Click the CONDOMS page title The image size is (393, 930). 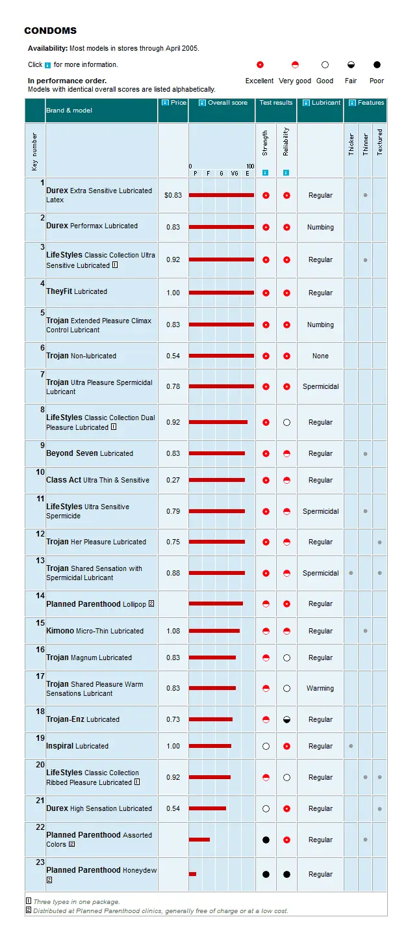50,31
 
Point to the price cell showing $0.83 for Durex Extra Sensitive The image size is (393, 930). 173,195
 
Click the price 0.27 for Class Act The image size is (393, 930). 173,480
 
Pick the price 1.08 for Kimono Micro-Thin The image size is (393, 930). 173,631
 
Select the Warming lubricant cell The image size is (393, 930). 320,688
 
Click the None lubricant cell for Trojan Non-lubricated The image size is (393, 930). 320,356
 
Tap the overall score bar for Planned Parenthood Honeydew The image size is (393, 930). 192,874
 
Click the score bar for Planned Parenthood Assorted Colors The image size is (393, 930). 199,840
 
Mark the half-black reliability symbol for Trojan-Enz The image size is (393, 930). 286,719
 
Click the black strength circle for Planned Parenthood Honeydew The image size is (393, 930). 266,874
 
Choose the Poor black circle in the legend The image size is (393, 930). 377,65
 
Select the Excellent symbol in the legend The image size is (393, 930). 260,65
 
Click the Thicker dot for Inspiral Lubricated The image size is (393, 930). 351,746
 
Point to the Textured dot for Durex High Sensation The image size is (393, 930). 379,808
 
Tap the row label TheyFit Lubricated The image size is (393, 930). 77,291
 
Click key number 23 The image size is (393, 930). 40,862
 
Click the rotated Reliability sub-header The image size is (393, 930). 286,141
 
